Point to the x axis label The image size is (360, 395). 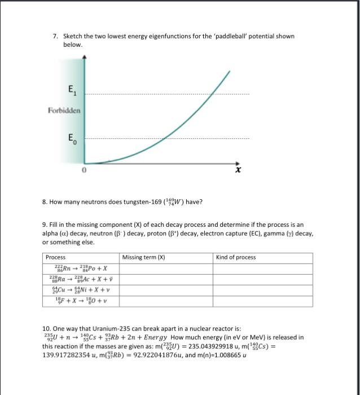point(239,169)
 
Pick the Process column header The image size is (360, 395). point(56,257)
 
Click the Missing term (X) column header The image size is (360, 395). point(143,257)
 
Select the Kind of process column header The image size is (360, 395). point(236,257)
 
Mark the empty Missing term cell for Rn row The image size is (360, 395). point(166,269)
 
